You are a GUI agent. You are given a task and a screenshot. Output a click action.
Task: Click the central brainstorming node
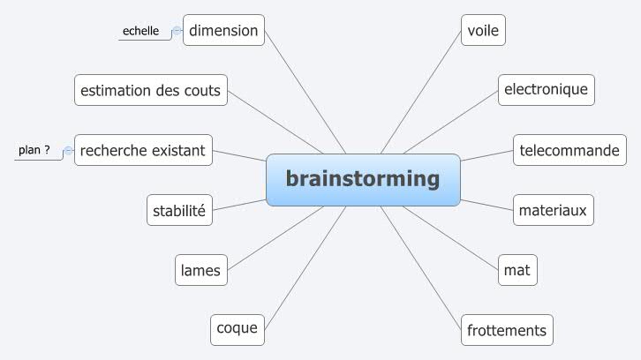click(363, 179)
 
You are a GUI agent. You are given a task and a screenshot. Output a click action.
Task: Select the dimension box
click(223, 31)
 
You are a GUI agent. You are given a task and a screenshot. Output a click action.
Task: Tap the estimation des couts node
click(151, 90)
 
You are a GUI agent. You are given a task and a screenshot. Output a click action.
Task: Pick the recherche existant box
click(142, 151)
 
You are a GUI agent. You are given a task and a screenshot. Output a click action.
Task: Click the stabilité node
click(179, 211)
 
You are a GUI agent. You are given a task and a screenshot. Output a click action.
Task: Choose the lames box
click(200, 270)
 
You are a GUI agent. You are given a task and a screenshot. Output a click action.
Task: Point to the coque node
click(238, 329)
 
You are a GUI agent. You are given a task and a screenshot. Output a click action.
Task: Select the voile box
click(484, 31)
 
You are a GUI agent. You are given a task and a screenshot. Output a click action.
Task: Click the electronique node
click(546, 90)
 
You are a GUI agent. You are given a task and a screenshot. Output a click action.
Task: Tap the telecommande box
click(569, 151)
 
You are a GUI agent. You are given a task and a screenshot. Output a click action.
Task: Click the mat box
click(517, 270)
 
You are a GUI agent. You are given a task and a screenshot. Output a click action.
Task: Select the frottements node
click(507, 330)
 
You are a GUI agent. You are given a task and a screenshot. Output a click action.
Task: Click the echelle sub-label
click(140, 31)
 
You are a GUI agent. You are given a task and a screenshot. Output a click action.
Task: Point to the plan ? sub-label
click(34, 150)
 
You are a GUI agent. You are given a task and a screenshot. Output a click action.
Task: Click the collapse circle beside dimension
click(177, 32)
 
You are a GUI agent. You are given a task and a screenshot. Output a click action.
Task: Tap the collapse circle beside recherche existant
click(68, 152)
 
